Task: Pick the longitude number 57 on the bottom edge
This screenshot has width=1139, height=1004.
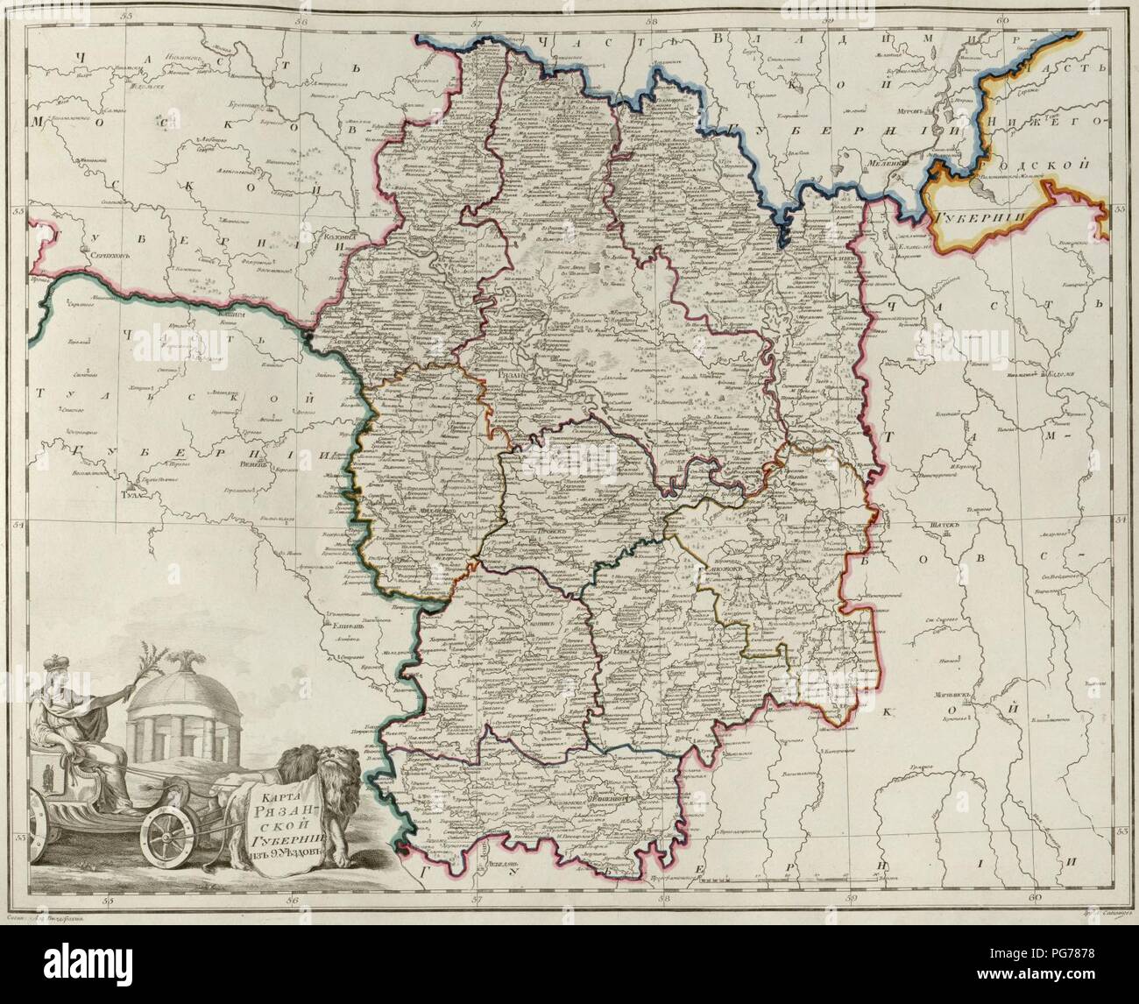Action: (478, 899)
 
